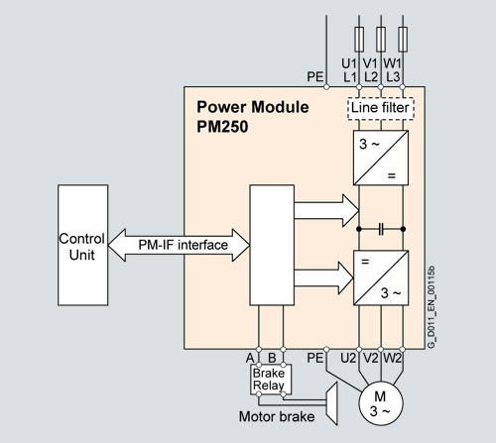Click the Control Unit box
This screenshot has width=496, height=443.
(82, 245)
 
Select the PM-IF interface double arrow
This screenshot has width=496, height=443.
(179, 245)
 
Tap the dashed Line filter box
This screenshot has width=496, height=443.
(381, 108)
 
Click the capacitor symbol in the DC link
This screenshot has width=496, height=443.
(381, 229)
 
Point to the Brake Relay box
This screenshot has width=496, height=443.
(271, 380)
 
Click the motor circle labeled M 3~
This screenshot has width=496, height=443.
(381, 403)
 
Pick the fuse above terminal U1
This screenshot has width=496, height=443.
(359, 40)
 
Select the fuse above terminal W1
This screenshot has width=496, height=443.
(403, 40)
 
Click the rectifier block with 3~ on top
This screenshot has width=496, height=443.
(381, 158)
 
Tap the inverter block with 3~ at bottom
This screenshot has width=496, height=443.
(381, 277)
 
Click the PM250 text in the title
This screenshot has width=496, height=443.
(222, 127)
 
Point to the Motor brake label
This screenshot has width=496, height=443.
(277, 416)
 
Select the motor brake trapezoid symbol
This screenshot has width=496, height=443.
(331, 403)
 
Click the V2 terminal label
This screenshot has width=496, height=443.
(370, 358)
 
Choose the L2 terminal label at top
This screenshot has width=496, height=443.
(371, 77)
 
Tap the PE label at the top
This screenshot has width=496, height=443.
(315, 77)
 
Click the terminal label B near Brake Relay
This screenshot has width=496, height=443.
(272, 358)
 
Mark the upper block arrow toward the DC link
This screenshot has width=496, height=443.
(326, 210)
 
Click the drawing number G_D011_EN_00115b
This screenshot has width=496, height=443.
(431, 306)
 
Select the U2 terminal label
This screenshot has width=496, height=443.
(348, 358)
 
